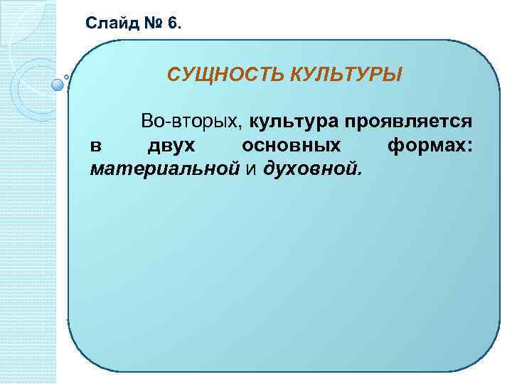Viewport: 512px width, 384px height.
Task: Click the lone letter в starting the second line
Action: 96,146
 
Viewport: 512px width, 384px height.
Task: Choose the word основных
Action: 291,146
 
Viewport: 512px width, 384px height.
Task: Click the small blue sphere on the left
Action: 58,85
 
